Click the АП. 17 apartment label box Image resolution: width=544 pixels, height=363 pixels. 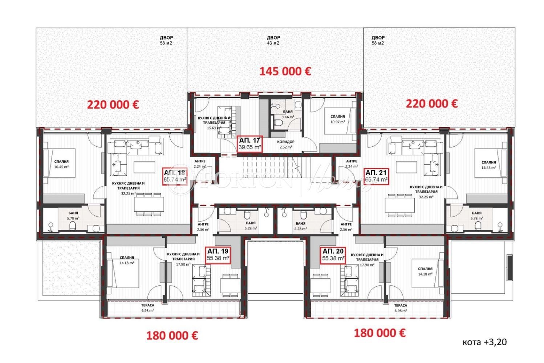tap(250, 144)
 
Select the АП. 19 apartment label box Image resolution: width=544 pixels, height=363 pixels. tap(218, 255)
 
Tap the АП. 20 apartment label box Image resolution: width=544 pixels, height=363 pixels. tap(333, 255)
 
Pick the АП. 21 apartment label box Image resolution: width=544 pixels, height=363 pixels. tap(376, 176)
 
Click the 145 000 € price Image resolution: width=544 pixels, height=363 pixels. tap(285, 71)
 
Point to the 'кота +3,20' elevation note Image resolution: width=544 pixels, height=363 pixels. tap(484, 342)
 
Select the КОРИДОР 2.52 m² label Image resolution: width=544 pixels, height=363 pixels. tap(285, 144)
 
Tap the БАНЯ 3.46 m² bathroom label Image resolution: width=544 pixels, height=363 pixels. tap(288, 114)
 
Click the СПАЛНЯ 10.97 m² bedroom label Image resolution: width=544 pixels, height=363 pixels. tap(337, 119)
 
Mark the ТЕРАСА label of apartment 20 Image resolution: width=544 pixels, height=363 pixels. tap(401, 308)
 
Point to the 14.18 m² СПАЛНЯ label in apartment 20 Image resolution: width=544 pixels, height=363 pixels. tap(425, 272)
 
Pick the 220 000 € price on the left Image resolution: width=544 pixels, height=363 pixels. tap(113, 105)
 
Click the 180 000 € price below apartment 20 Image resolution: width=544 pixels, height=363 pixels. tap(379, 333)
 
